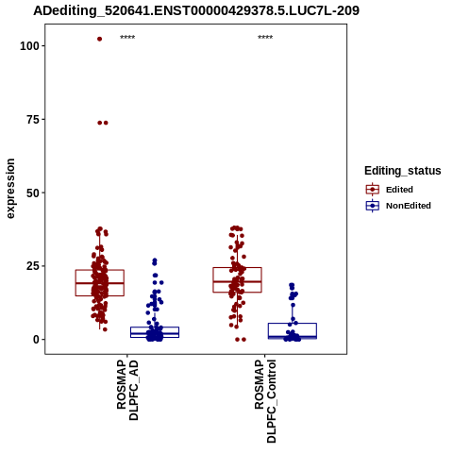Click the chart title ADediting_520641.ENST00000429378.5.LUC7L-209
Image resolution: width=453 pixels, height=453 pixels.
[196, 10]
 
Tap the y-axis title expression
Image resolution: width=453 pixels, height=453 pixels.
[10, 189]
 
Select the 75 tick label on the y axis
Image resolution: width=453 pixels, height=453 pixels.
[33, 120]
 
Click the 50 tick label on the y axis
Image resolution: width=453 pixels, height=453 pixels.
[33, 193]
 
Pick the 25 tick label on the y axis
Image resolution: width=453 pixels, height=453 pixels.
[33, 266]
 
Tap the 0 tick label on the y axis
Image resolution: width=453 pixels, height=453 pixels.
[37, 340]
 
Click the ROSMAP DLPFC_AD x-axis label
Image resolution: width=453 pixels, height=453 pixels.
[127, 390]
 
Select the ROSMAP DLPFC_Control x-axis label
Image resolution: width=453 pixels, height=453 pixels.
[265, 401]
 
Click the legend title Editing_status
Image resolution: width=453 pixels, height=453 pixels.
[403, 171]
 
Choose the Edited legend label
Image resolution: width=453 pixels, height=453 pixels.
[399, 190]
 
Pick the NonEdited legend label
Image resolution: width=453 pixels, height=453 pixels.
[409, 206]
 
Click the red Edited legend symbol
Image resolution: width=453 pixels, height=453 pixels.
[373, 190]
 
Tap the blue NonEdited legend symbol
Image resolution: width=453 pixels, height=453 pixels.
[373, 206]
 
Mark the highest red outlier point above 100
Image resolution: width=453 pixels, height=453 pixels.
[99, 39]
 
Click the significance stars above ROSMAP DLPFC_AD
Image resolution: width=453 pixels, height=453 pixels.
[127, 37]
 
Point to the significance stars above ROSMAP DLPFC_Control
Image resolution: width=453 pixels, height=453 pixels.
[265, 37]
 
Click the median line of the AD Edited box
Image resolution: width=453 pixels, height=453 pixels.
[100, 283]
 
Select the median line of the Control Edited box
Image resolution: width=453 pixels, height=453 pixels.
[237, 281]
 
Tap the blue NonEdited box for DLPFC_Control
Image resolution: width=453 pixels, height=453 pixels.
[293, 324]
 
